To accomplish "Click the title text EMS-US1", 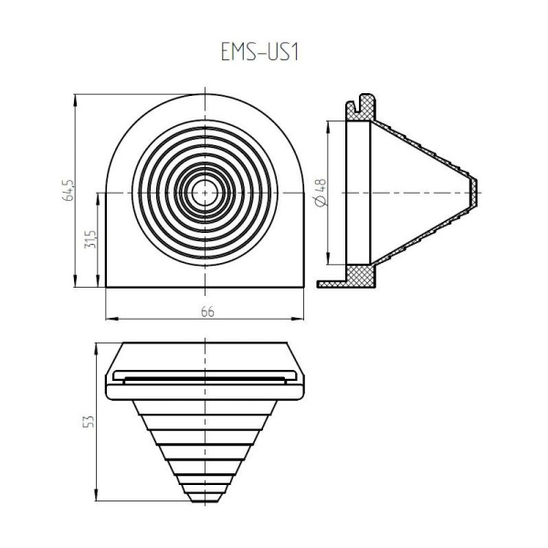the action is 259,52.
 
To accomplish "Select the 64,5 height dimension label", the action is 68,191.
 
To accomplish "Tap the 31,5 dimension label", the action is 90,239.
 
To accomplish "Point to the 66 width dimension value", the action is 207,311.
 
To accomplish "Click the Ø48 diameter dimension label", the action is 321,193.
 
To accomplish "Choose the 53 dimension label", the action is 89,421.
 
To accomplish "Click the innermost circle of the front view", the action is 205,193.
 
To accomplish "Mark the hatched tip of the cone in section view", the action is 473,193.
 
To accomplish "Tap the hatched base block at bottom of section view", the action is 361,276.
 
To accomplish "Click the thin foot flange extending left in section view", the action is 332,284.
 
